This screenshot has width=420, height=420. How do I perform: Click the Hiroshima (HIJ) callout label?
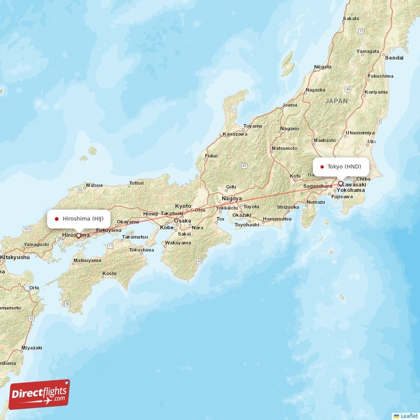pyautogui.click(x=79, y=218)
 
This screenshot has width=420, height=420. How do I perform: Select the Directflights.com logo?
pyautogui.click(x=39, y=394)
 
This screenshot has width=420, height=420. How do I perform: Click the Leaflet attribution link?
pyautogui.click(x=408, y=415)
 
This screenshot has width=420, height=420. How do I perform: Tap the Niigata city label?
pyautogui.click(x=322, y=67)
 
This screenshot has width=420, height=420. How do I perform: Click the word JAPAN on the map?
pyautogui.click(x=336, y=101)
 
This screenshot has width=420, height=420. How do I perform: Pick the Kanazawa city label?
pyautogui.click(x=235, y=134)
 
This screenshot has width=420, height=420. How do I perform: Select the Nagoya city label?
pyautogui.click(x=232, y=198)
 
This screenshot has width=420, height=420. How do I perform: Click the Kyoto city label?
pyautogui.click(x=183, y=206)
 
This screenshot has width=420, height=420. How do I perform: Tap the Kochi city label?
pyautogui.click(x=109, y=274)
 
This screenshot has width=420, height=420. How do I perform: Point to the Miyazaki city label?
pyautogui.click(x=31, y=348)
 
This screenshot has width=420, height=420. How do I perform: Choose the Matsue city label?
pyautogui.click(x=94, y=185)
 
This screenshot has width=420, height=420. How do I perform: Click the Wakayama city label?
pyautogui.click(x=178, y=243)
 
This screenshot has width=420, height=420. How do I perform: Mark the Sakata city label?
pyautogui.click(x=351, y=18)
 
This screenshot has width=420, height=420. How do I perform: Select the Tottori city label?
pyautogui.click(x=136, y=183)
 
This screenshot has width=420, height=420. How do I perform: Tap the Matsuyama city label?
pyautogui.click(x=87, y=260)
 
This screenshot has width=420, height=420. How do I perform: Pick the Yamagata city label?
pyautogui.click(x=367, y=51)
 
